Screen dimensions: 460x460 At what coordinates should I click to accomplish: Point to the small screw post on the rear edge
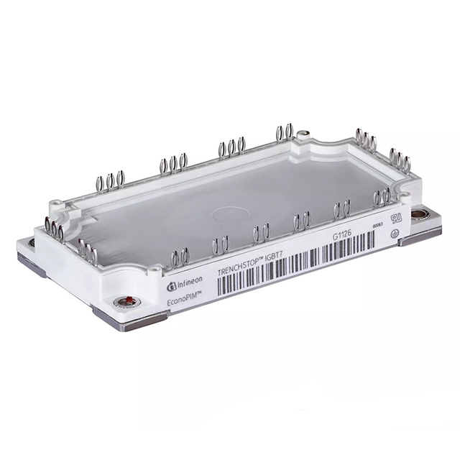coord(304,133)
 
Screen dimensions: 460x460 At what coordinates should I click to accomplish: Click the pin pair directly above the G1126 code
coord(341,209)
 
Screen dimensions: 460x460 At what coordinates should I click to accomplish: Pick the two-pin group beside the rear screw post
coord(284,132)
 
